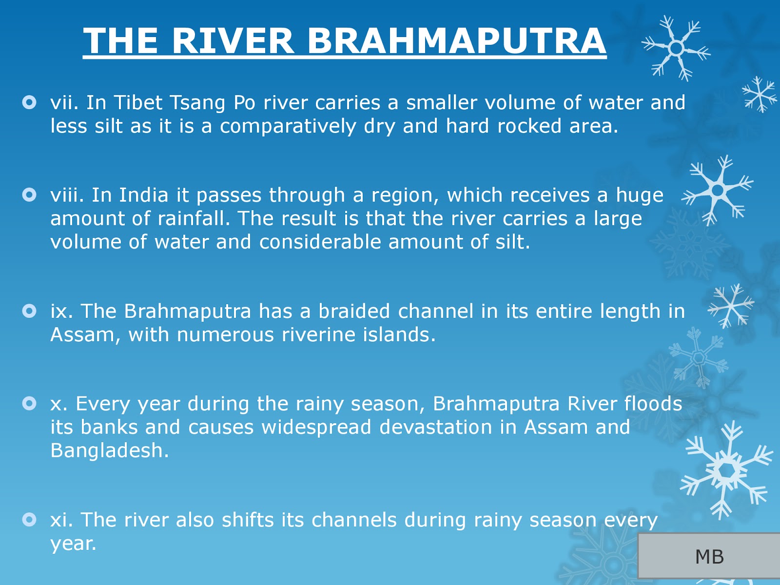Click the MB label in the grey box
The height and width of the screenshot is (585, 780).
709,557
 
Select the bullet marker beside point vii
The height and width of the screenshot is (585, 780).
30,102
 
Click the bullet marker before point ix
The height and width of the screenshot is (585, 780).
30,311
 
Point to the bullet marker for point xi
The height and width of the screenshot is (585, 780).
30,520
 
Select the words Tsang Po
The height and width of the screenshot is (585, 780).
212,103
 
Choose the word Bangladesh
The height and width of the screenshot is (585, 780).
109,450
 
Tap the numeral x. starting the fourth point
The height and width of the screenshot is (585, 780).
59,404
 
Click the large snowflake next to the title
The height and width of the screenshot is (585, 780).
676,48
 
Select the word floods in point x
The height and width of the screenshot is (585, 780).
653,404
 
